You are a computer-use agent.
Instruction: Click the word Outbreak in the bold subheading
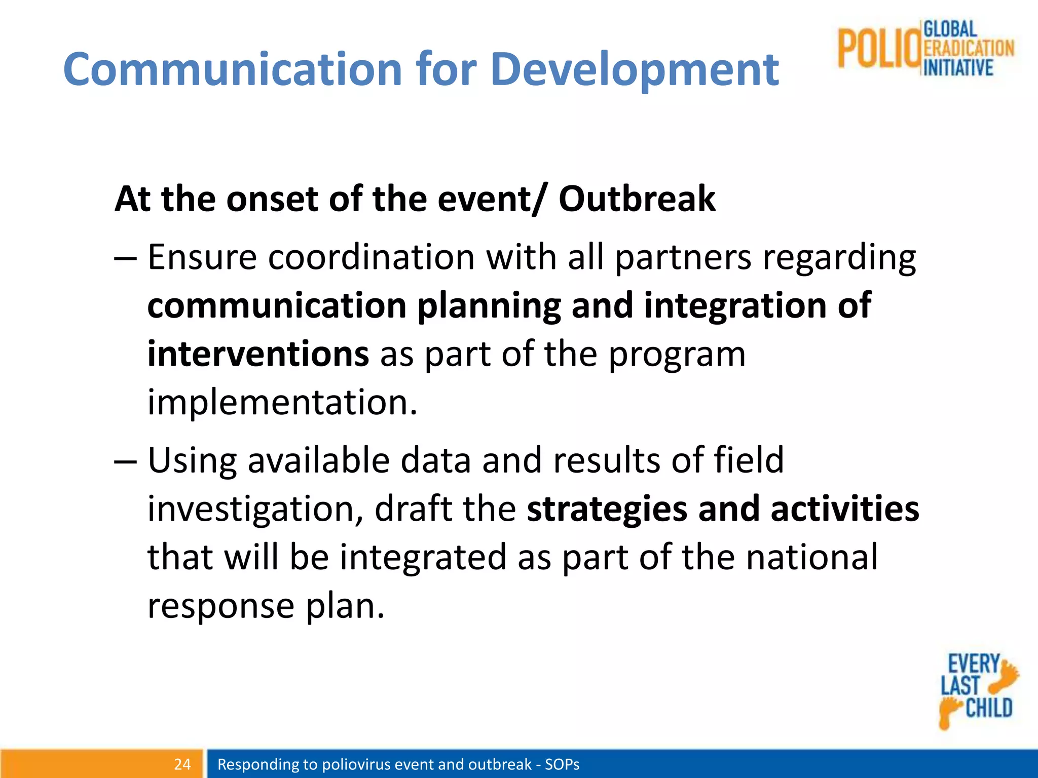tap(637, 199)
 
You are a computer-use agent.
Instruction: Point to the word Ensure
tap(202, 257)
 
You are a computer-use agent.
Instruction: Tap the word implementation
tap(282, 402)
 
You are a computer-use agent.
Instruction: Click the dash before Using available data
tap(125, 461)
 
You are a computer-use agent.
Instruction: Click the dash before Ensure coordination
tap(125, 258)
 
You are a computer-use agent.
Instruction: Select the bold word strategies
tap(607, 509)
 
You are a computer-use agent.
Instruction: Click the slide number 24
tap(182, 764)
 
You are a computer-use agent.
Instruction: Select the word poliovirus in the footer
tap(356, 764)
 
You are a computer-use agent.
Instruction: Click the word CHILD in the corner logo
tap(989, 708)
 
